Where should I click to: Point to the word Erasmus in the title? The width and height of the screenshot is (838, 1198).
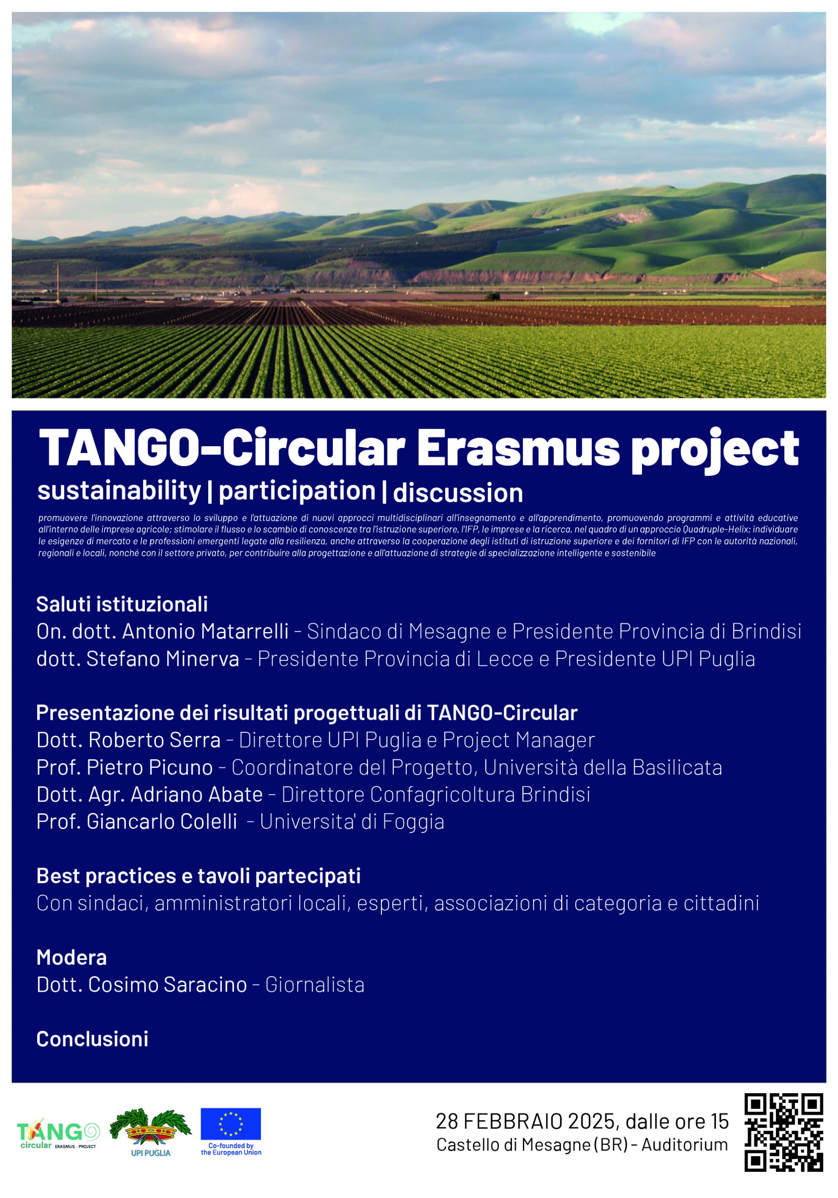518,448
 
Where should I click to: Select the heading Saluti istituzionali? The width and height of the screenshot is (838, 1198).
122,604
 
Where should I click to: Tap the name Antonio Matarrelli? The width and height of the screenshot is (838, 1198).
206,631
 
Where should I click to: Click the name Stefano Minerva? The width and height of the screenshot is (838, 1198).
163,658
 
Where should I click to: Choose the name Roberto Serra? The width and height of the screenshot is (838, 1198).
155,740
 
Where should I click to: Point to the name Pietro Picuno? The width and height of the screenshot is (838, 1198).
150,767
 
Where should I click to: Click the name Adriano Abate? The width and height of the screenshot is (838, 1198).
196,794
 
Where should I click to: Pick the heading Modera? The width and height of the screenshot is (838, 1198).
72,957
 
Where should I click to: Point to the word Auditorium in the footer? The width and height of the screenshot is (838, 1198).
685,1145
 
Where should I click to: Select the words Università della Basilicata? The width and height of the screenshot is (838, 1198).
603,767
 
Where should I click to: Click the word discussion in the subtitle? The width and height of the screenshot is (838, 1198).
458,493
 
